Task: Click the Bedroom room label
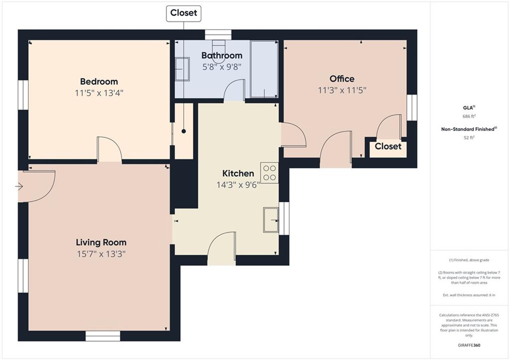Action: [x=99, y=81]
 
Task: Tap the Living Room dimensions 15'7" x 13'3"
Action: [x=101, y=253]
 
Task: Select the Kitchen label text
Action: [x=238, y=173]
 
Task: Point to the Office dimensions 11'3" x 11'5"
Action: [x=342, y=90]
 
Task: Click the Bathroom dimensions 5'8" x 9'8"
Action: [x=222, y=67]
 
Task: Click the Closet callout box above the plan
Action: [x=184, y=13]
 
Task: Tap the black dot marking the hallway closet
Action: [x=184, y=131]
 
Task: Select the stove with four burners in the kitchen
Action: [x=269, y=173]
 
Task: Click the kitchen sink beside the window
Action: [x=271, y=220]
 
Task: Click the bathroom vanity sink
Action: [x=182, y=69]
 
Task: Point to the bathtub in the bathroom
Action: [x=264, y=69]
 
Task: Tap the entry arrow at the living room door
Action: [x=19, y=186]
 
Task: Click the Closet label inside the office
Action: [x=388, y=146]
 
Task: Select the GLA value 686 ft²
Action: [x=469, y=116]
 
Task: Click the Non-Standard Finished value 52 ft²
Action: [x=469, y=137]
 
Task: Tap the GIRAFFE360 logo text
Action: [x=469, y=345]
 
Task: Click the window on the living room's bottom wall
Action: [x=103, y=336]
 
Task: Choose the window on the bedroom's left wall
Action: [x=23, y=95]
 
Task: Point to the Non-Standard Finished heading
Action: [x=469, y=129]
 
